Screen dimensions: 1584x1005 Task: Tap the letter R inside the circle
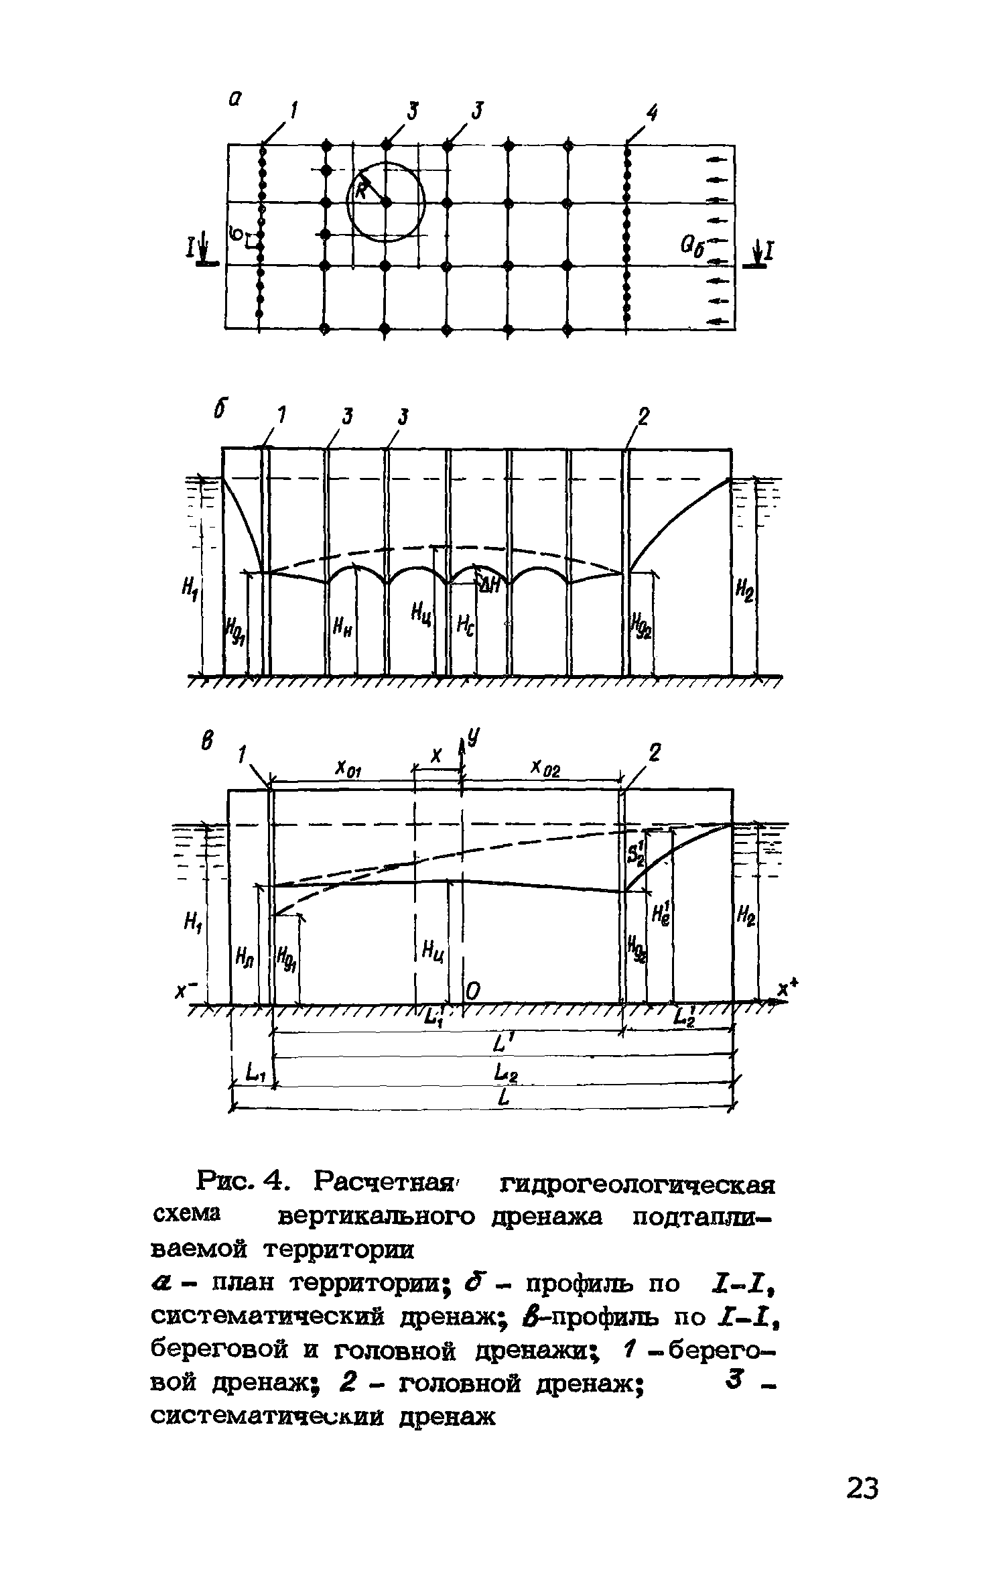tap(360, 190)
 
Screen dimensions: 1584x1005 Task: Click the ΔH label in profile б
tap(490, 583)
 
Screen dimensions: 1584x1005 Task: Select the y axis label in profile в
tap(474, 738)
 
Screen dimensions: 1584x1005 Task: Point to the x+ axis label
tap(789, 987)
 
